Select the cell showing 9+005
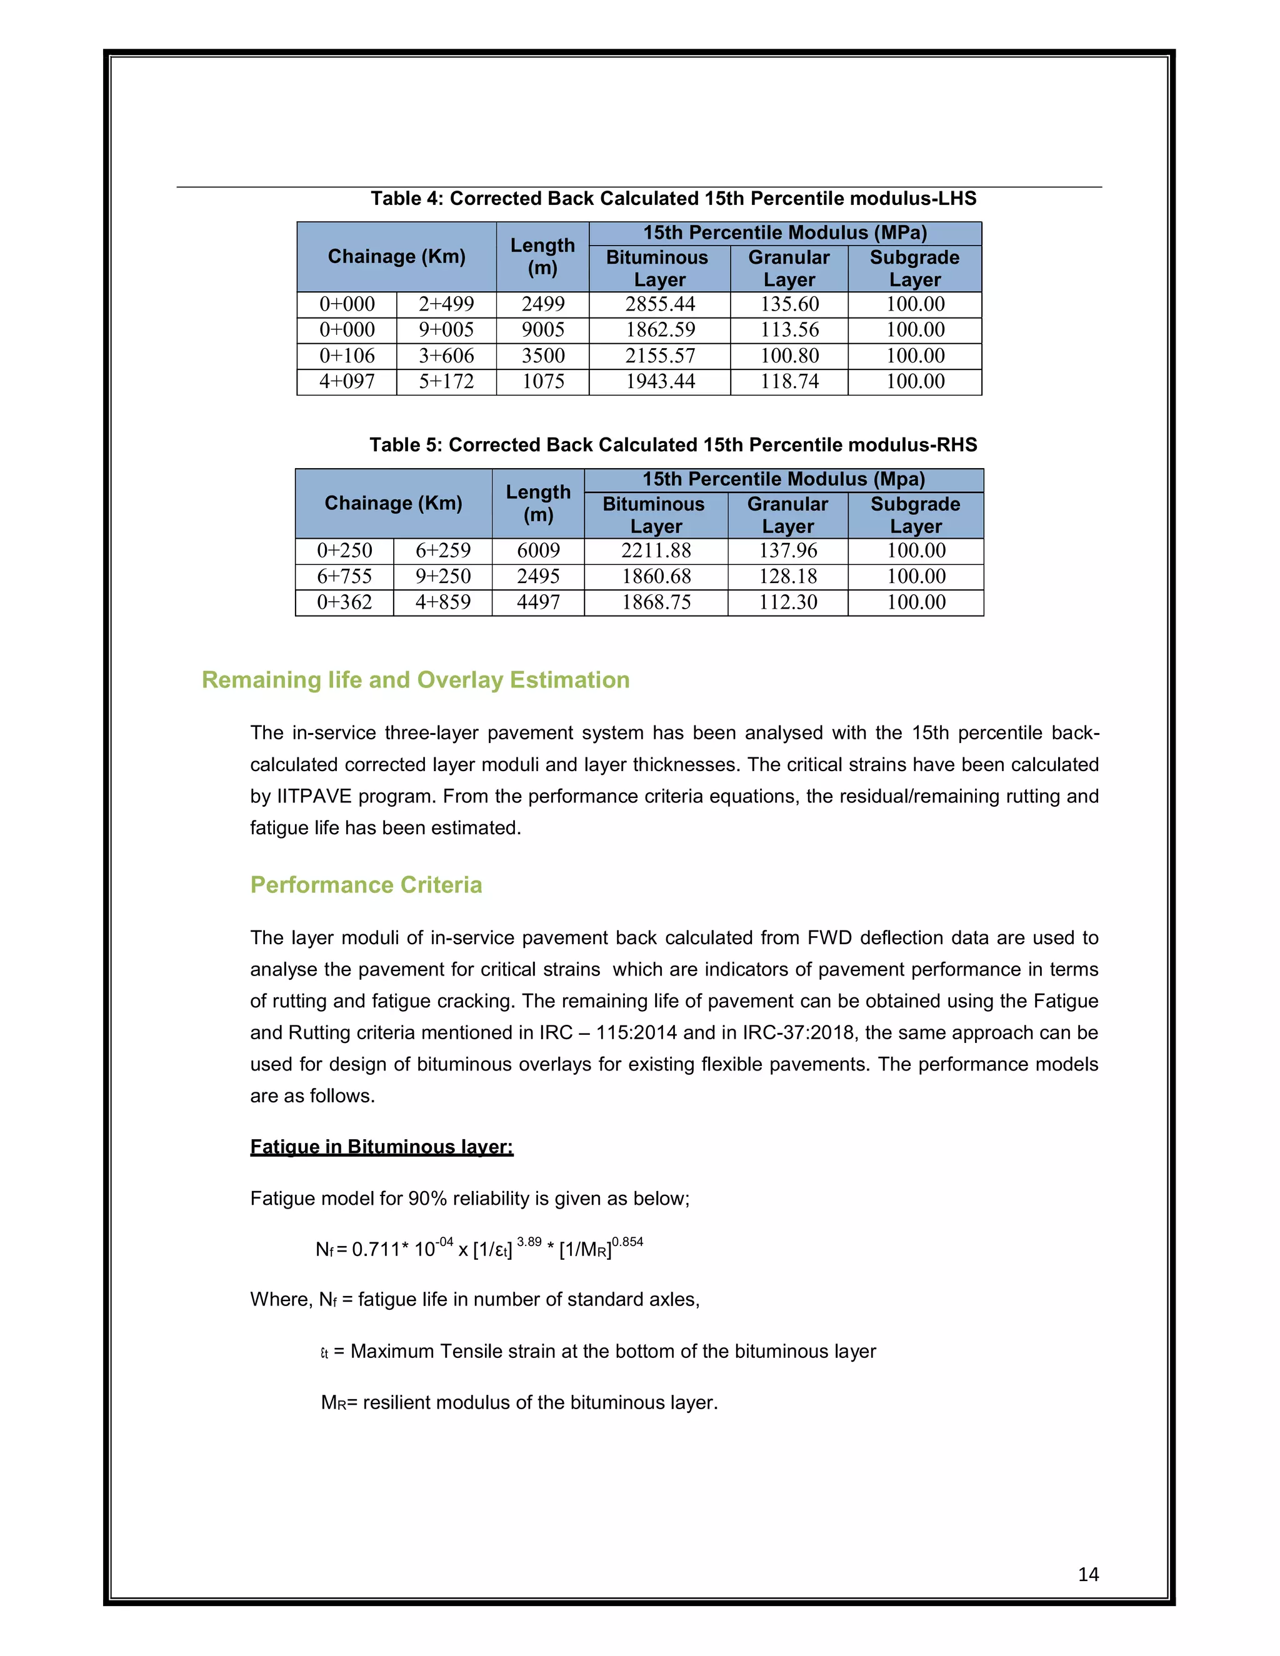pos(446,330)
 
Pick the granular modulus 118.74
pos(789,381)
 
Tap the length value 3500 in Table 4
pos(543,356)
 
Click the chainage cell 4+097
pos(346,381)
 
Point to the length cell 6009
pos(537,551)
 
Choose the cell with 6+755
pos(344,576)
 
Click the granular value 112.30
pos(788,602)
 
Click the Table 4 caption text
pos(672,199)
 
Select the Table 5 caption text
pos(672,445)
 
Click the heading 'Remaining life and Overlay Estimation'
pos(416,680)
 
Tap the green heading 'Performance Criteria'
pos(366,885)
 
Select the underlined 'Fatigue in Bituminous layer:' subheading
pos(381,1147)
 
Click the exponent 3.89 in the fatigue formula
pos(529,1241)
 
